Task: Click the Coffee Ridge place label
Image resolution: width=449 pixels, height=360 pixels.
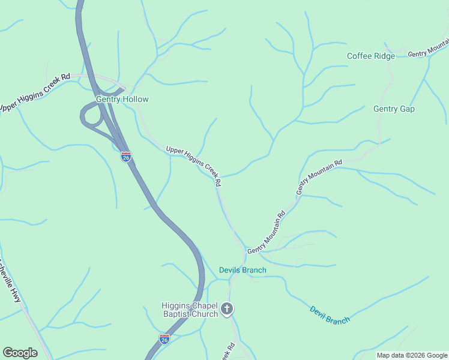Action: (371, 56)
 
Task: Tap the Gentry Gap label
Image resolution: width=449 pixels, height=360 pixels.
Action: (394, 109)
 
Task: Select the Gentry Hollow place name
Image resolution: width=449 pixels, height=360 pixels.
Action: (122, 99)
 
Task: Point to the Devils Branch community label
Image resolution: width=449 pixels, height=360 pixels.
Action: (242, 270)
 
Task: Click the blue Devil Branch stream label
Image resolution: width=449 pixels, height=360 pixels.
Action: (330, 315)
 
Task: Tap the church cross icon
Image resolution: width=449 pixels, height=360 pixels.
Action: (227, 309)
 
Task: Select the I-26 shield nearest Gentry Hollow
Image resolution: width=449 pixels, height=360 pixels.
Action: (125, 157)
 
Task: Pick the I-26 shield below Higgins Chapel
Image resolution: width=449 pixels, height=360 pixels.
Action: (164, 339)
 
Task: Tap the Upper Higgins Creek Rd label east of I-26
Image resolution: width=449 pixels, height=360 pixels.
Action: (194, 165)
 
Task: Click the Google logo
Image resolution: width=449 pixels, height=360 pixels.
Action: (20, 352)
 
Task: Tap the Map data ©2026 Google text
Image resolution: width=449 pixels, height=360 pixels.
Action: (411, 355)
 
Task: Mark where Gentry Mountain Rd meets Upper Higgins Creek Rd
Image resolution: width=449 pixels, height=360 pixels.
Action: (245, 251)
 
